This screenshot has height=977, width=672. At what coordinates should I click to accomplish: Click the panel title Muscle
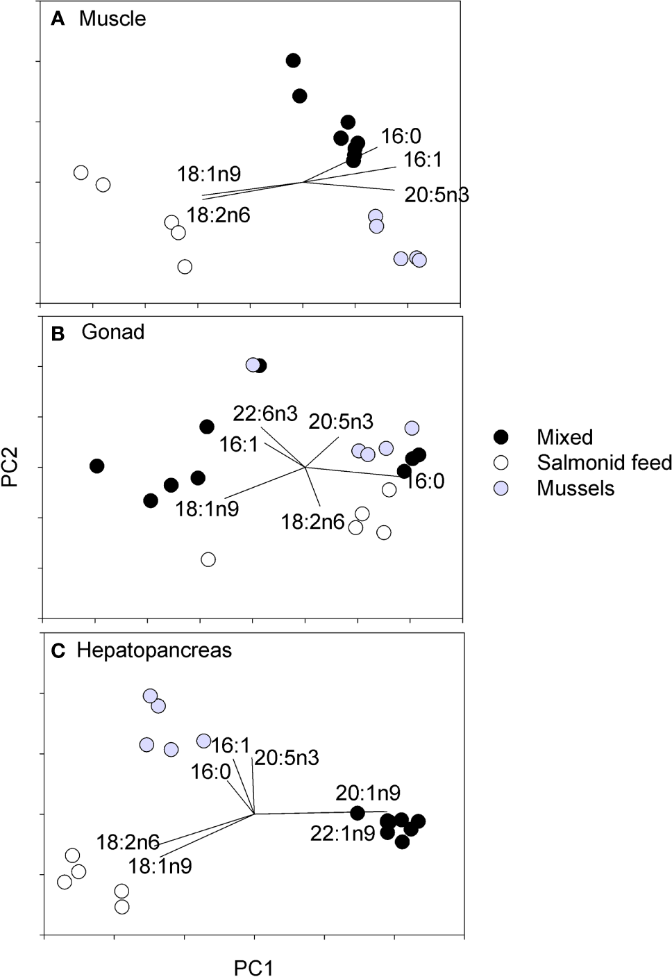[112, 19]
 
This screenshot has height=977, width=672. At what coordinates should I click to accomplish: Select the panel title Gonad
[113, 332]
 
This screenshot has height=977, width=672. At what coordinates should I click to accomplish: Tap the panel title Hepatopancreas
[154, 650]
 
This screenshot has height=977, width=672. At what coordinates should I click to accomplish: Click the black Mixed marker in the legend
[501, 437]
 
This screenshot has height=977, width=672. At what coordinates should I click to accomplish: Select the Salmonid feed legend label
[604, 462]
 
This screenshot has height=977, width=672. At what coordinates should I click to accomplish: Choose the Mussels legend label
[576, 488]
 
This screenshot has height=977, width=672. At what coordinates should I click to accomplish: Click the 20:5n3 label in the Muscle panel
[437, 195]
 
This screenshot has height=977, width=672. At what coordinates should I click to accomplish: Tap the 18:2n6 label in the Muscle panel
[218, 215]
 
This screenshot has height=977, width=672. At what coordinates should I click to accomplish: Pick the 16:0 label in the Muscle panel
[401, 136]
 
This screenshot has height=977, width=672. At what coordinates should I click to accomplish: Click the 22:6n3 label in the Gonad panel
[265, 414]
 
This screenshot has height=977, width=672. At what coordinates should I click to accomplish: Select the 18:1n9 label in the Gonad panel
[207, 509]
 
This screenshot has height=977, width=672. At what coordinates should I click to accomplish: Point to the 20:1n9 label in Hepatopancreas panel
[368, 792]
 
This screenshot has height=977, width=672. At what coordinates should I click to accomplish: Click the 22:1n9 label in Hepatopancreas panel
[342, 833]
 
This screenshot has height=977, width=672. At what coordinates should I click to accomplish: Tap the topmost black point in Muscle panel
[294, 60]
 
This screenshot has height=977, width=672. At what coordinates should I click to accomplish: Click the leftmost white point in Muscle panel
[81, 172]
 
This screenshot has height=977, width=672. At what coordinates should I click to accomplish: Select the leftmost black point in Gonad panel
[97, 466]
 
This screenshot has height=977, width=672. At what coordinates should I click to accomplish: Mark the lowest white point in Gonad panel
[208, 559]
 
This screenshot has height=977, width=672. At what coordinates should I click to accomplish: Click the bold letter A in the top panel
[58, 19]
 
